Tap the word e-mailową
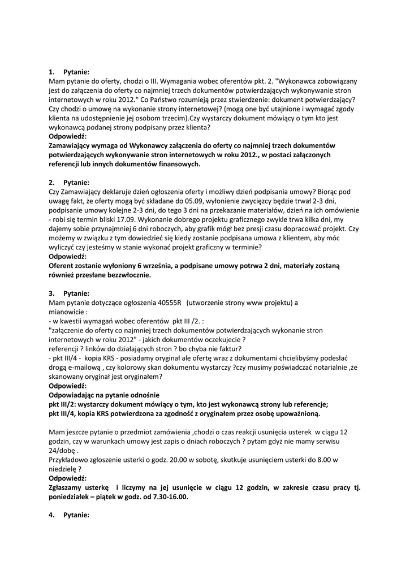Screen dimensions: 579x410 pos(83,367)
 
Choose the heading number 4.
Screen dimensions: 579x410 pos(51,515)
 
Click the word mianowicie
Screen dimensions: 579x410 pos(68,312)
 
